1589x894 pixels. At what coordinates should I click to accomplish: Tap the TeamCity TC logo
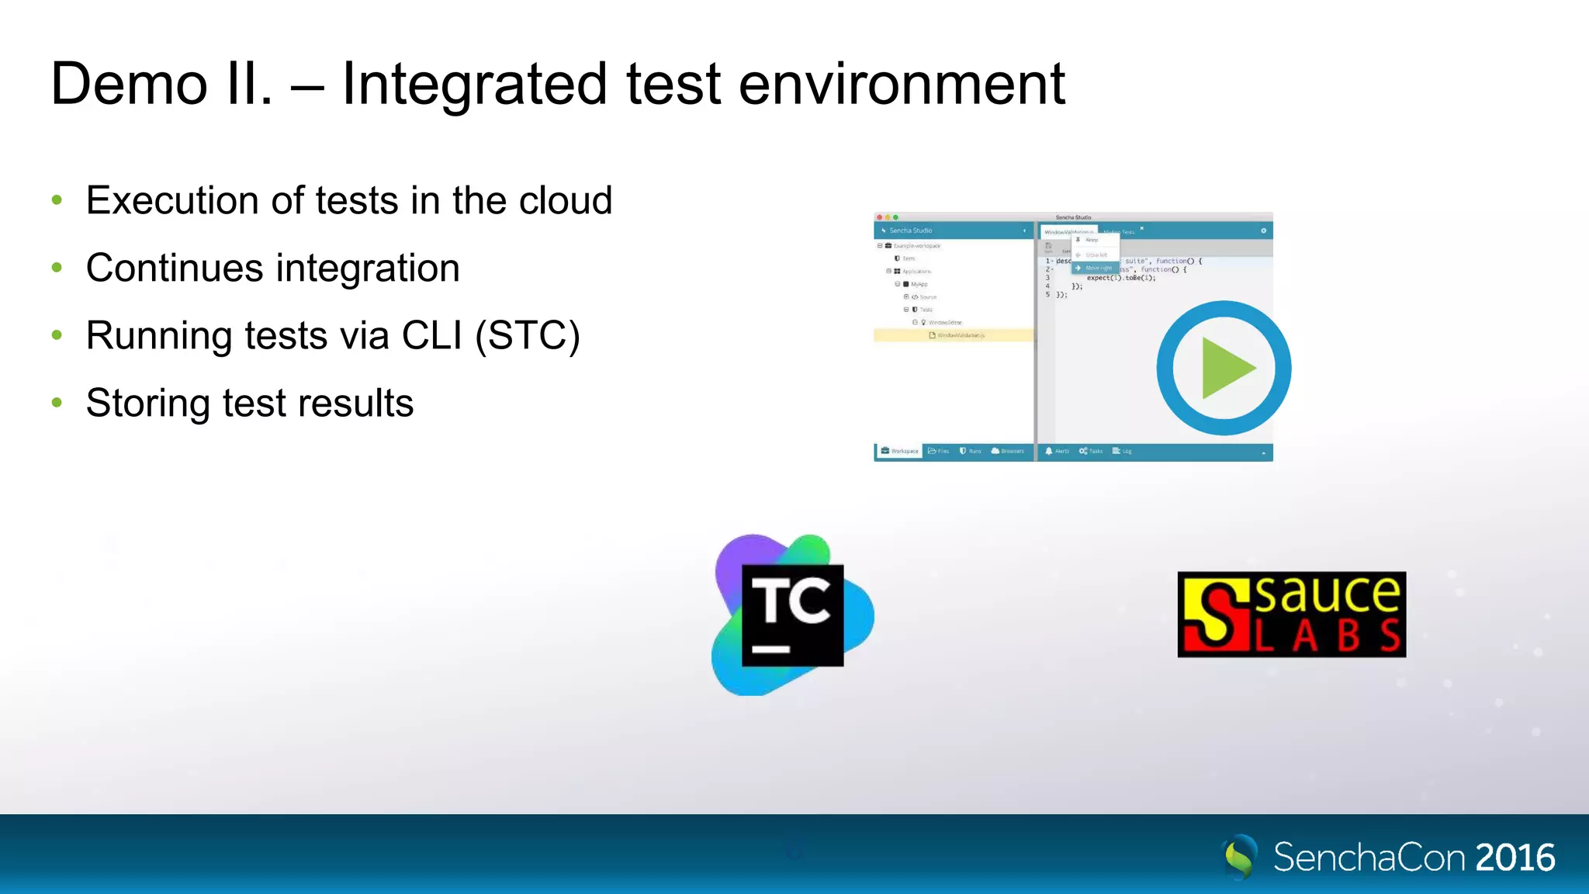[792, 615]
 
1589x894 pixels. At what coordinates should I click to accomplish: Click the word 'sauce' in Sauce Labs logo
[1328, 594]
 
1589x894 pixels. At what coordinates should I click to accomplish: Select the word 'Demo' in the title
[129, 84]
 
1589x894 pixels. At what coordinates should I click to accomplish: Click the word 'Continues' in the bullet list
[175, 268]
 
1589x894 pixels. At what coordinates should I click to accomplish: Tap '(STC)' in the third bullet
[528, 335]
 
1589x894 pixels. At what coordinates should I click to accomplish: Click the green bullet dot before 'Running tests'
[57, 335]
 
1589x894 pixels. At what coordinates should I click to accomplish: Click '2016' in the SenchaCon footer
[1515, 858]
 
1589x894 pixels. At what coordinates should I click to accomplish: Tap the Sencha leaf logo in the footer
[1239, 857]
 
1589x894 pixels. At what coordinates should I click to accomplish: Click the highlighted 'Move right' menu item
[1096, 268]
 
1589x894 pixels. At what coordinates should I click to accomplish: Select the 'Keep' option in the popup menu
[1091, 240]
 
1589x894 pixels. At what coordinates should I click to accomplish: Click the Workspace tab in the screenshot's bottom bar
[899, 451]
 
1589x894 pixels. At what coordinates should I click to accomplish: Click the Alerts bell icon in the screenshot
[1049, 451]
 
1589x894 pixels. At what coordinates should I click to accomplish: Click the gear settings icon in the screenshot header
[1263, 230]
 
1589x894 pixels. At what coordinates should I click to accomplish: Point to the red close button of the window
[880, 217]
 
